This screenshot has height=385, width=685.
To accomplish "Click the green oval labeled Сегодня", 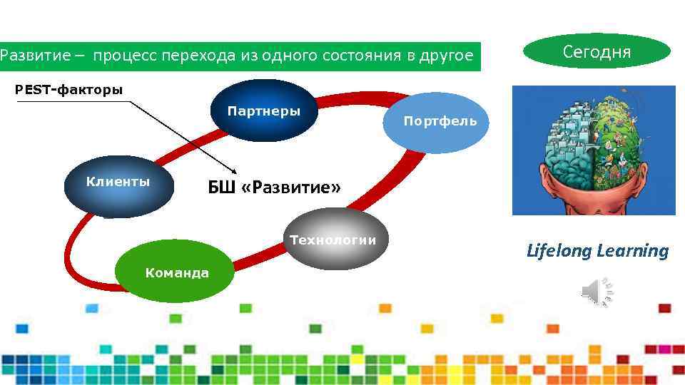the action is [x=597, y=51].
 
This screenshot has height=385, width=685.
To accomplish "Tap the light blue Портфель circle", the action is [x=440, y=121].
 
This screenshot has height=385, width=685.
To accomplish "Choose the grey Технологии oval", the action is [x=333, y=240].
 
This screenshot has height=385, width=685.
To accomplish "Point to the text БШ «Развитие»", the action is [x=274, y=188].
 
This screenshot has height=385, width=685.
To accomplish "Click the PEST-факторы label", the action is [x=70, y=90].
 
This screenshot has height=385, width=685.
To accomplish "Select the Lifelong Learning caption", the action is [x=597, y=251].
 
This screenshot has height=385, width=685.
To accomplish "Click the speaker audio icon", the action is [x=598, y=292].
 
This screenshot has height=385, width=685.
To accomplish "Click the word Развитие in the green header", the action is [x=34, y=56].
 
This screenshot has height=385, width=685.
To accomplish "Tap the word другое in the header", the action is [x=447, y=56].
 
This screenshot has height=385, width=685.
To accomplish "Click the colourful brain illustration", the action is [x=594, y=150].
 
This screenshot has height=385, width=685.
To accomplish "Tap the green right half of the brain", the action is [x=622, y=139].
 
